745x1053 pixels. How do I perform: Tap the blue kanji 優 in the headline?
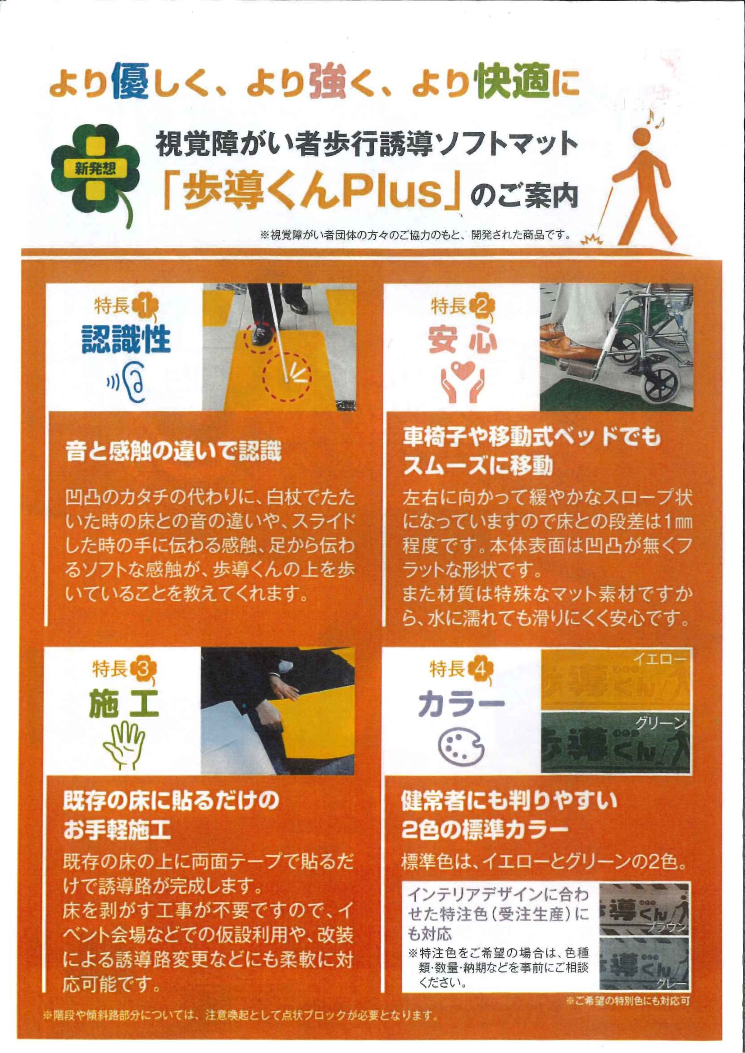(x=129, y=81)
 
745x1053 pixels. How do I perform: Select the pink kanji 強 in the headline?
(x=327, y=81)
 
